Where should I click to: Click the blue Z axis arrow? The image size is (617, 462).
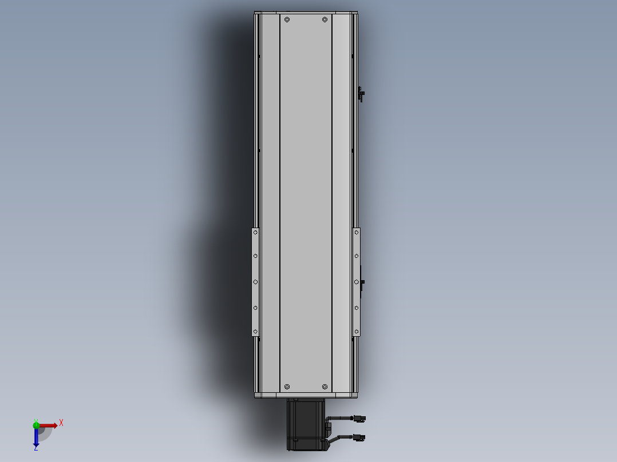36,438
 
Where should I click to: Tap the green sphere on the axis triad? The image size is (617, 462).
36,425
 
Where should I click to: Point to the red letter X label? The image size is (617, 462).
61,423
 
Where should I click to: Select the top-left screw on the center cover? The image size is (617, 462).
287,19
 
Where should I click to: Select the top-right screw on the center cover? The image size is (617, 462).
325,19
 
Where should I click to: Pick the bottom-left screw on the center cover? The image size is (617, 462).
287,387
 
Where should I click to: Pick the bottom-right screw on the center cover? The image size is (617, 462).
325,387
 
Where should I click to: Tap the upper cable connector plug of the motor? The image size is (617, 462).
359,419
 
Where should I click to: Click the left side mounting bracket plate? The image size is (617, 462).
255,282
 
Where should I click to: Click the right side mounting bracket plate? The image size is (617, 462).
357,282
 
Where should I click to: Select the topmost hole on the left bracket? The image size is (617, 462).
255,233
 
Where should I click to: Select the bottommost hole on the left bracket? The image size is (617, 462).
255,331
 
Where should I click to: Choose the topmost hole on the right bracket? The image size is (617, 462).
357,233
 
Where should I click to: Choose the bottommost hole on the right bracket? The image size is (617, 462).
357,331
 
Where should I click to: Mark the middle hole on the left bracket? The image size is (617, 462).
255,282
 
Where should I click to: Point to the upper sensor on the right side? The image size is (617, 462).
361,94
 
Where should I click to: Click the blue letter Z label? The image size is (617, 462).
35,448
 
